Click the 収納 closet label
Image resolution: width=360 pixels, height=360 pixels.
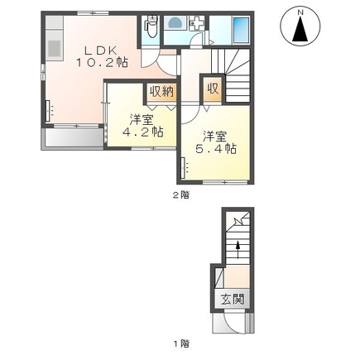pyautogui.click(x=160, y=92)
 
